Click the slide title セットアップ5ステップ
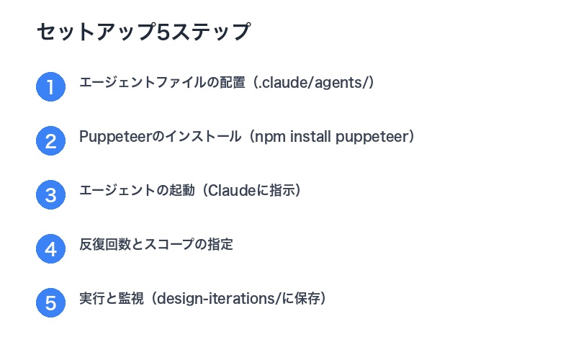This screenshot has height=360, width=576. pyautogui.click(x=143, y=32)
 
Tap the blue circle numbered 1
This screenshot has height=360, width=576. pyautogui.click(x=50, y=88)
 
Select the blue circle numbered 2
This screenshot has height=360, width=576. pyautogui.click(x=50, y=141)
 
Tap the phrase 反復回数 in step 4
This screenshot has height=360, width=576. pyautogui.click(x=102, y=245)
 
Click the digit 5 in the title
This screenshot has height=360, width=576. pyautogui.click(x=163, y=32)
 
